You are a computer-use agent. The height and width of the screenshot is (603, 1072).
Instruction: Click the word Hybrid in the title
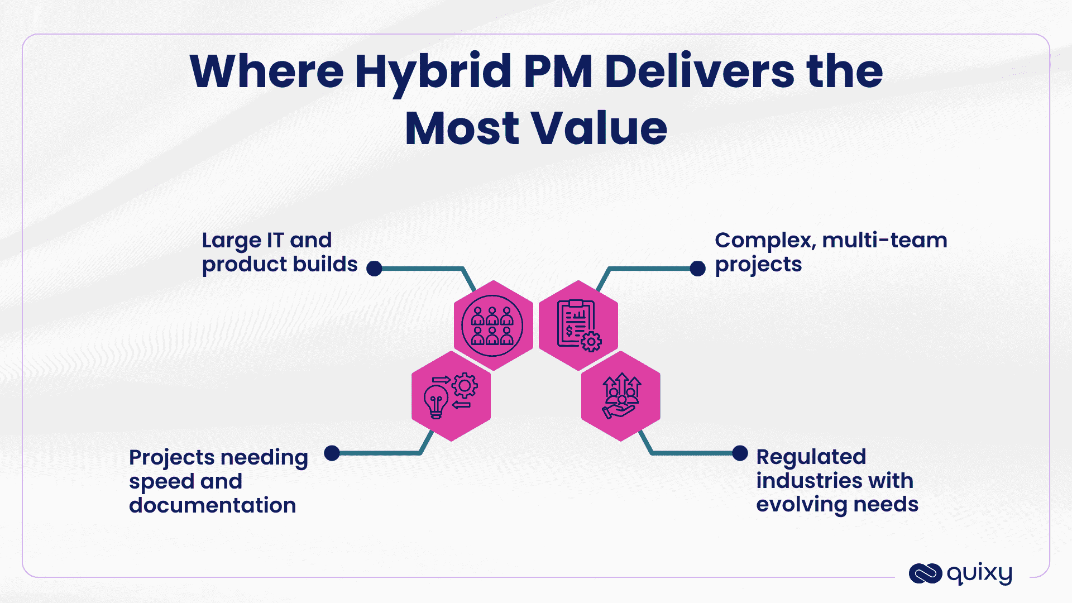(433, 73)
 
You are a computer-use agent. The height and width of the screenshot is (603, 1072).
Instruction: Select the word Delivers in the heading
(699, 73)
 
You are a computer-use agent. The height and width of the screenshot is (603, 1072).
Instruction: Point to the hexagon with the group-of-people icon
(493, 326)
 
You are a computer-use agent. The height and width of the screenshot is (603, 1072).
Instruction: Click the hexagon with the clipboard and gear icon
(578, 326)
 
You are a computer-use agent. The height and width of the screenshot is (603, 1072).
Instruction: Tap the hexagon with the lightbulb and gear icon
(451, 396)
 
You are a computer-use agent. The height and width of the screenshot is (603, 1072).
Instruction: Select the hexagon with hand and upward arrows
(621, 396)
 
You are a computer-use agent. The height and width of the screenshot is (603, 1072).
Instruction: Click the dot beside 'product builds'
(374, 269)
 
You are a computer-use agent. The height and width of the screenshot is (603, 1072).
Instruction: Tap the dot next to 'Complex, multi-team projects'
(697, 269)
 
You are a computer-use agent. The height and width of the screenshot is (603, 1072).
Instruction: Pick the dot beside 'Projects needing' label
(332, 453)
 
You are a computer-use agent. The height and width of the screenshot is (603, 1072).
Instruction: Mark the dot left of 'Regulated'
(740, 453)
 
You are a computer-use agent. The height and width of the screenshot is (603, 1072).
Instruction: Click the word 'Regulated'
(811, 457)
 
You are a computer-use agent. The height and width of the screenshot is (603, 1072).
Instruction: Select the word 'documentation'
(212, 505)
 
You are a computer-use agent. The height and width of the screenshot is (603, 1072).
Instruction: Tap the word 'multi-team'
(884, 241)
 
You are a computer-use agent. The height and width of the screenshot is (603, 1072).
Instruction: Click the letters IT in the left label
(275, 241)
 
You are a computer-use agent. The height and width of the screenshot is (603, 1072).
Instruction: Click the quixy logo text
(979, 573)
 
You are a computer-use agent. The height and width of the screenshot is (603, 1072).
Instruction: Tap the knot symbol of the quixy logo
(925, 573)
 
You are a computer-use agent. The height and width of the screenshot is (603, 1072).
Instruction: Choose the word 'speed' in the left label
(161, 482)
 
